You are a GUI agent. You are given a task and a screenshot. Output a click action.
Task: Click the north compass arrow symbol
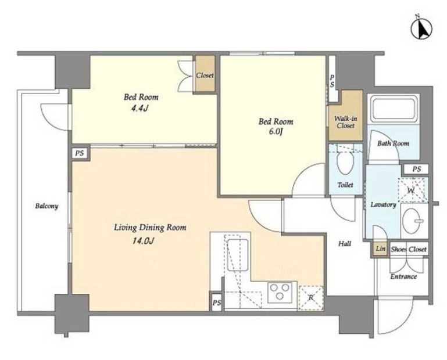421,28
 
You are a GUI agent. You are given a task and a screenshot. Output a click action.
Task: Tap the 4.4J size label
140,109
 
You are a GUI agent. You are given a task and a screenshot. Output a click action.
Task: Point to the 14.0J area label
143,241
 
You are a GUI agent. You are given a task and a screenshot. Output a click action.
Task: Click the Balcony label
47,206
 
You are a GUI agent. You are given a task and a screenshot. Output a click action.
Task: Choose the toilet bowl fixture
345,163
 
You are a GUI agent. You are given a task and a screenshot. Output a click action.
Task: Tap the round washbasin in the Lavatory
413,221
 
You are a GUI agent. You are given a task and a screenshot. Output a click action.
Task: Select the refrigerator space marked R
311,298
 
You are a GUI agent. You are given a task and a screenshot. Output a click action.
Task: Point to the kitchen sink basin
238,255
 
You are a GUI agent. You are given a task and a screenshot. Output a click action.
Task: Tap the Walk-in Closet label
345,122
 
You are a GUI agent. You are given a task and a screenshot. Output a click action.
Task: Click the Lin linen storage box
380,249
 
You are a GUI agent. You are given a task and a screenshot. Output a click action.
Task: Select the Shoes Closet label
409,250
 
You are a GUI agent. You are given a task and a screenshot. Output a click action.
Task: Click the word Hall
344,244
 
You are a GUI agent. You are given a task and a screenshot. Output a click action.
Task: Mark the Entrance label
403,276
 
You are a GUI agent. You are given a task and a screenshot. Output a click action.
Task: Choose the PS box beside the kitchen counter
217,303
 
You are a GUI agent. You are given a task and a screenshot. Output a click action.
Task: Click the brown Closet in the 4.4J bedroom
205,74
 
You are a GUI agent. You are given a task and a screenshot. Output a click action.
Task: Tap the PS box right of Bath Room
416,169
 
